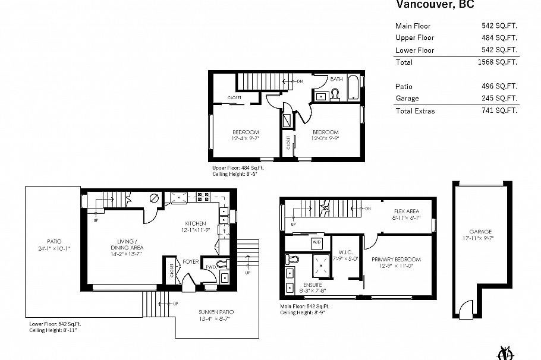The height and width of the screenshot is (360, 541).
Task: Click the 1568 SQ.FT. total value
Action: (x=498, y=62)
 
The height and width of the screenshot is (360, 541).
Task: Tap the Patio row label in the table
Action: (x=404, y=86)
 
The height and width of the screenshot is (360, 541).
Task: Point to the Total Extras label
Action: (x=415, y=110)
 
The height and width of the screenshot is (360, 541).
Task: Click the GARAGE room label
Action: (x=480, y=232)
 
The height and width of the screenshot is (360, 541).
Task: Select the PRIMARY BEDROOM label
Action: (x=396, y=260)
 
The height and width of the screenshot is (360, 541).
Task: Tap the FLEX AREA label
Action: (x=407, y=211)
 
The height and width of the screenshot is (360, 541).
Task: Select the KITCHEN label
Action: (x=195, y=223)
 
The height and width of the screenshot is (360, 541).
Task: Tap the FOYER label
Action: (x=190, y=260)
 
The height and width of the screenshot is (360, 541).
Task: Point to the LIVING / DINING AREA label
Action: (x=126, y=244)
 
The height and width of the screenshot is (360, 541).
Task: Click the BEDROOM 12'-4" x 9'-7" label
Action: (x=244, y=132)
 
